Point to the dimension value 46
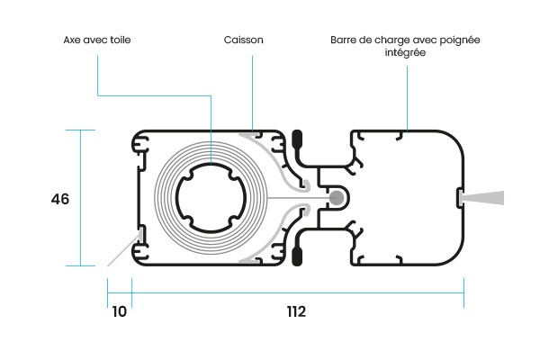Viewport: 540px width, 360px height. (58, 198)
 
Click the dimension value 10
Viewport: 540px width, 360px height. (119, 312)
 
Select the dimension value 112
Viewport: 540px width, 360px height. (297, 312)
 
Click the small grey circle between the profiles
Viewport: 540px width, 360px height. (337, 198)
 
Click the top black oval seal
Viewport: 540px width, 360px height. (298, 141)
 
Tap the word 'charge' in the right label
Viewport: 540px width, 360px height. (391, 40)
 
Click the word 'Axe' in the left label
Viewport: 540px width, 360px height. (73, 40)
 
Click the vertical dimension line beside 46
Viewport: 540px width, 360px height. (82, 198)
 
